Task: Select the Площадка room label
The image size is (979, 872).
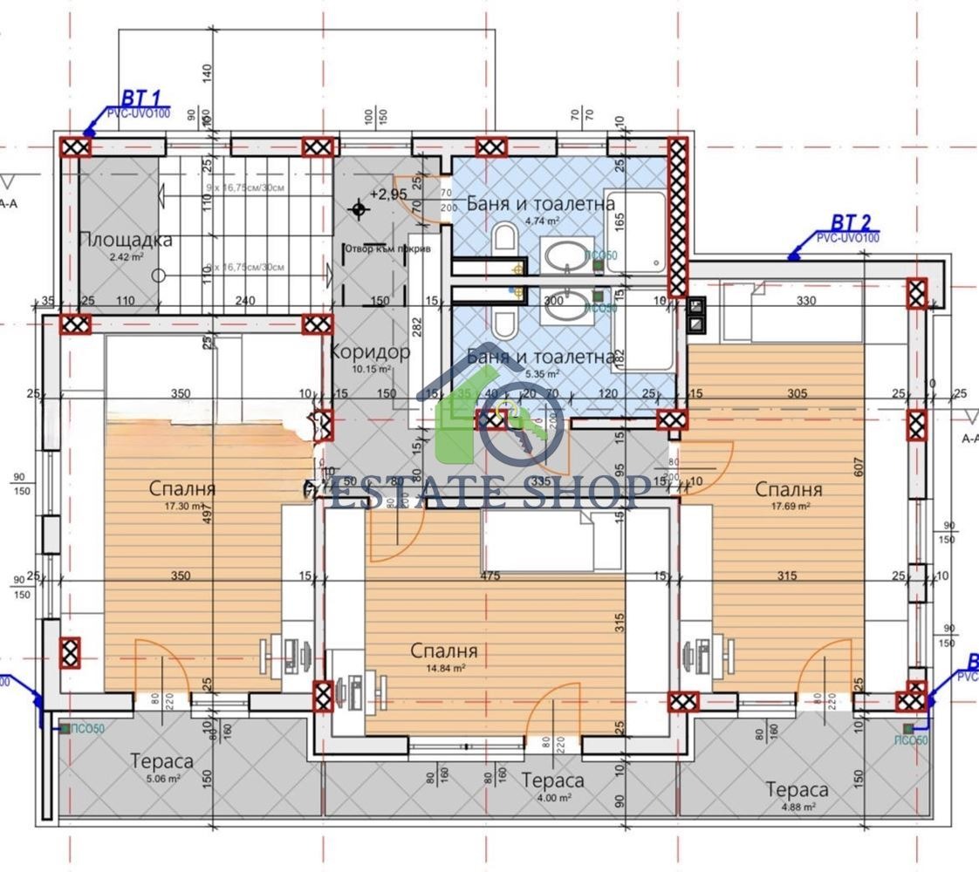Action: (x=126, y=240)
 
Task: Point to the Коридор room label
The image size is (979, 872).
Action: (x=370, y=353)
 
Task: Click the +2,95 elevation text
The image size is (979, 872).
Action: (x=388, y=194)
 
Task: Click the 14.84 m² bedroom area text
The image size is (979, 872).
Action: (x=443, y=668)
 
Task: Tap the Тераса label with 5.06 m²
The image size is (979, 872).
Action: (x=162, y=761)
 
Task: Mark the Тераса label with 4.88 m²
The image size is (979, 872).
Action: (x=797, y=790)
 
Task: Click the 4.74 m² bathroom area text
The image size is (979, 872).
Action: (x=541, y=221)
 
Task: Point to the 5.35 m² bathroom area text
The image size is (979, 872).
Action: (x=541, y=374)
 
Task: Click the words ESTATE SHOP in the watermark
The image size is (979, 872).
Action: (x=489, y=492)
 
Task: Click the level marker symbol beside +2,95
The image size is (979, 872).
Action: (x=357, y=208)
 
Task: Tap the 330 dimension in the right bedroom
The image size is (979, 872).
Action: (x=805, y=303)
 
